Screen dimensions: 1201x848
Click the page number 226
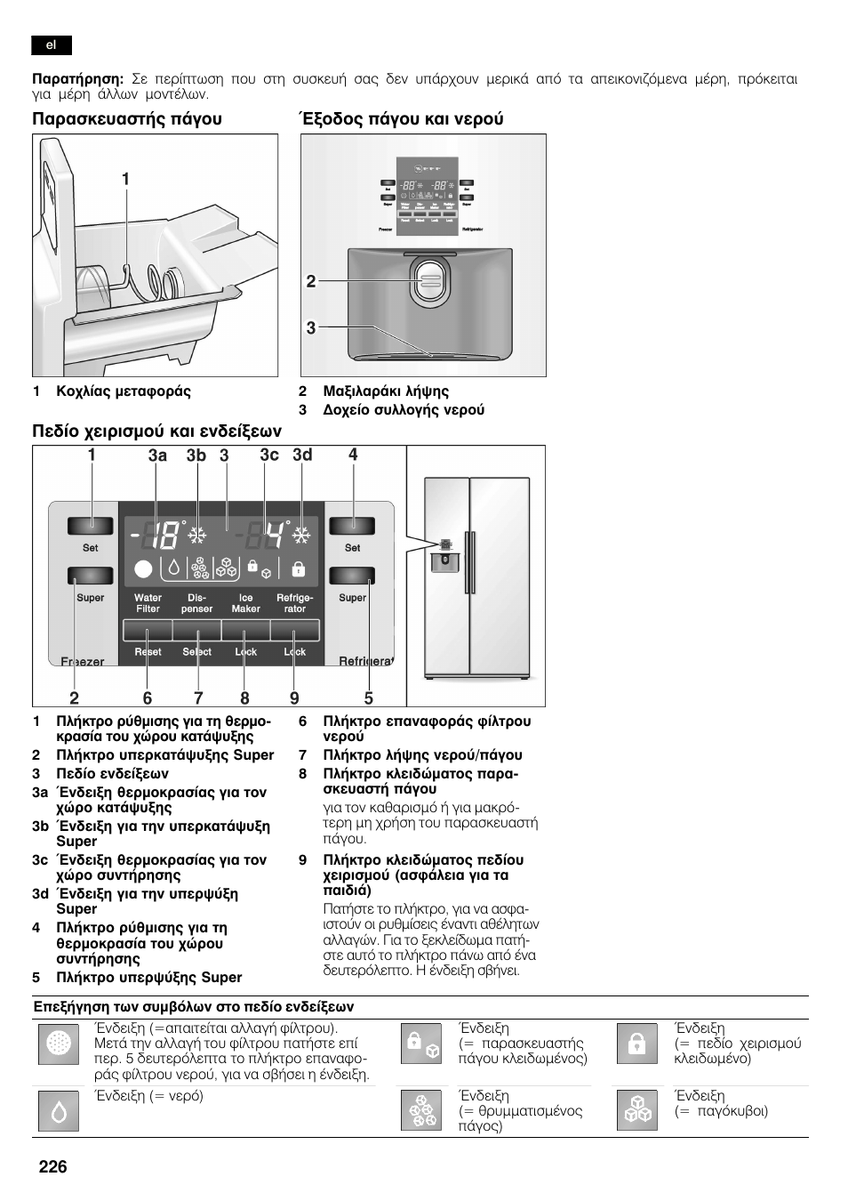(52, 1167)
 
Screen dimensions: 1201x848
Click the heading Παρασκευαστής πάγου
(127, 119)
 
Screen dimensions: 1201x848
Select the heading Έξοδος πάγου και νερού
(401, 119)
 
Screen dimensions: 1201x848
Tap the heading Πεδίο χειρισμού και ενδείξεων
(156, 431)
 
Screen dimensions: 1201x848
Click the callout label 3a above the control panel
(157, 455)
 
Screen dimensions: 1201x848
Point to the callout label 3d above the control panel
(302, 455)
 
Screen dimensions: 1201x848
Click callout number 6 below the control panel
(148, 698)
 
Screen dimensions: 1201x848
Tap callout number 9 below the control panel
(294, 698)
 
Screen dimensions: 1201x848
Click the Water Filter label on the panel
(148, 603)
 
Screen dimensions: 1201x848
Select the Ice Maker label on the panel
(245, 603)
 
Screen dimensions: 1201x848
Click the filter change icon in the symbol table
(60, 1044)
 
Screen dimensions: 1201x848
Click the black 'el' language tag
(52, 45)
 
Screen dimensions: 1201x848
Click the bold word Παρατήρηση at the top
(77, 79)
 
